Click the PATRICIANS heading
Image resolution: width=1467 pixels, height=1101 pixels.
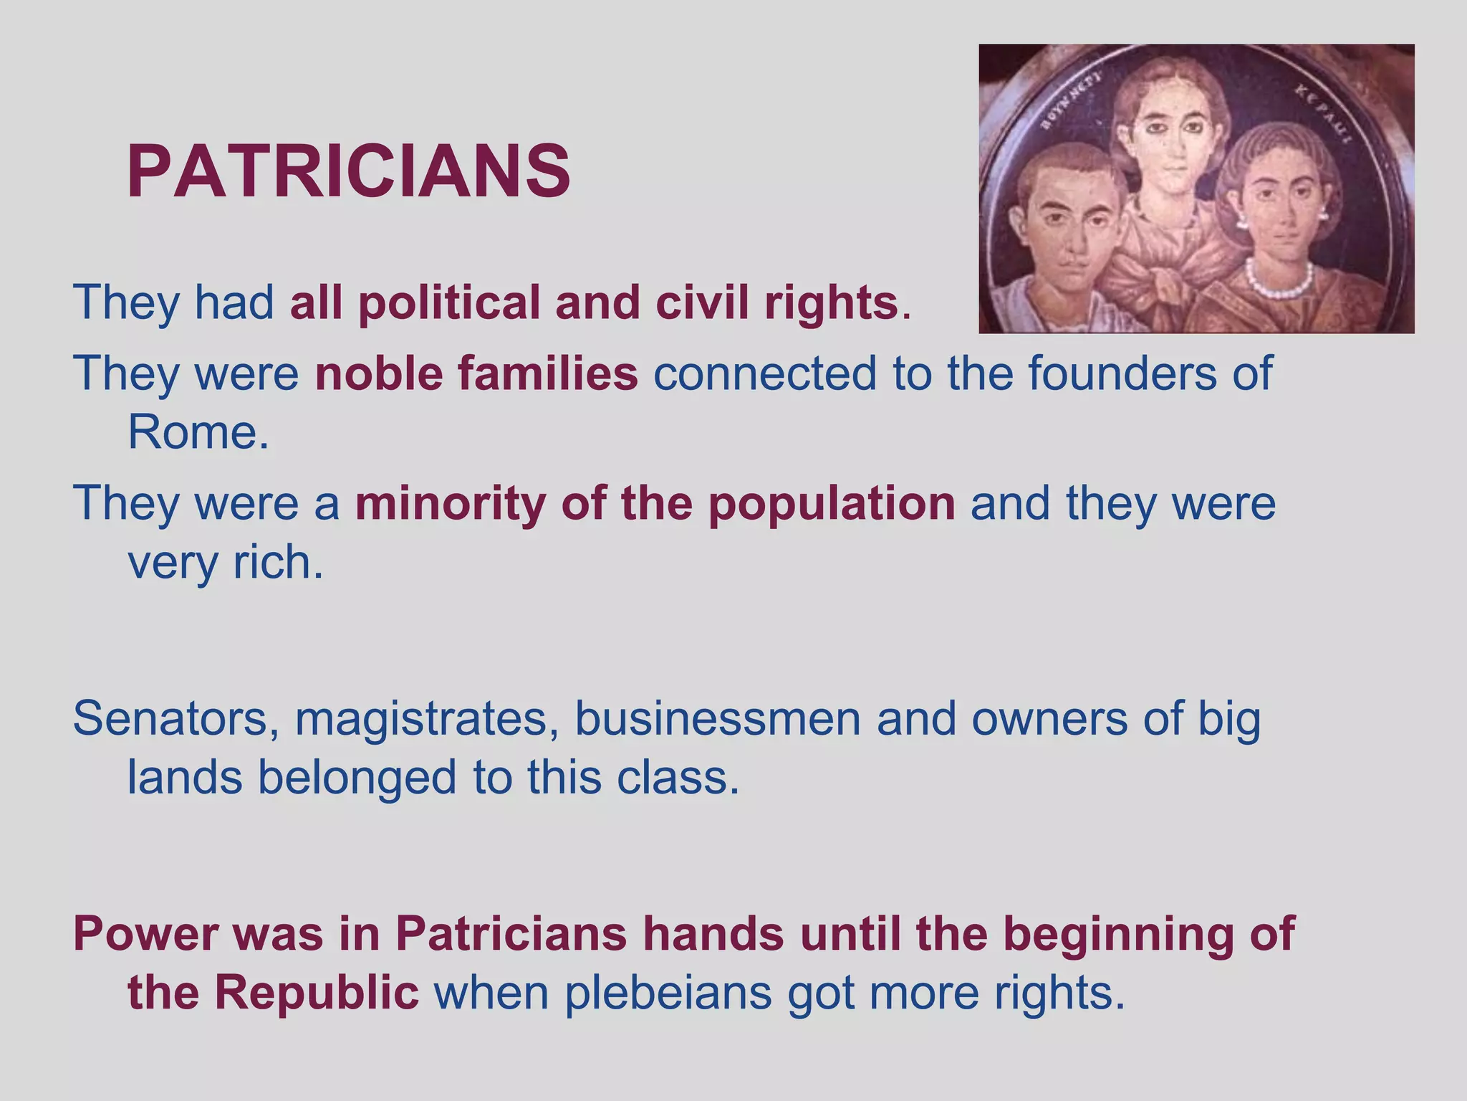(x=349, y=172)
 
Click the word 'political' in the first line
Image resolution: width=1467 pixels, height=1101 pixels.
(x=448, y=302)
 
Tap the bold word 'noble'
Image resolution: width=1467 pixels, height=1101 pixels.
(x=378, y=373)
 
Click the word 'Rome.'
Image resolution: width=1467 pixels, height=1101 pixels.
(x=198, y=432)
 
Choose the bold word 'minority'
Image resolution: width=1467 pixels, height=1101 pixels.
(x=451, y=503)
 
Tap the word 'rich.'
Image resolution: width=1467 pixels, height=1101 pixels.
(x=278, y=562)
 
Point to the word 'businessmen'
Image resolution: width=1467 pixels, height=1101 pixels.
(x=718, y=719)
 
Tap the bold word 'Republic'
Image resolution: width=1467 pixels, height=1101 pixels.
(x=316, y=993)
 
